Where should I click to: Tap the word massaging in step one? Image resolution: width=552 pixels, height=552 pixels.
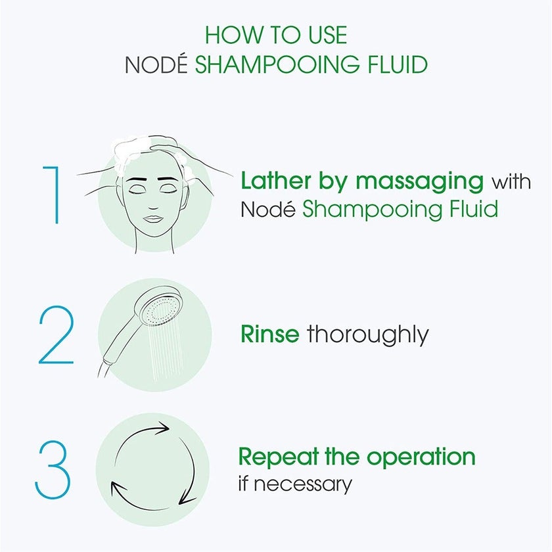[x=415, y=181]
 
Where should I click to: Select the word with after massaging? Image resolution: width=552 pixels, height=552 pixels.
[x=511, y=180]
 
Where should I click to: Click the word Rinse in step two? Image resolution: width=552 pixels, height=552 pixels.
[x=270, y=334]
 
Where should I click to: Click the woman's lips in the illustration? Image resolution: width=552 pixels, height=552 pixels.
[x=152, y=218]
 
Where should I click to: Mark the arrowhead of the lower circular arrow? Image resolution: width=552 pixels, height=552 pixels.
[x=117, y=488]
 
